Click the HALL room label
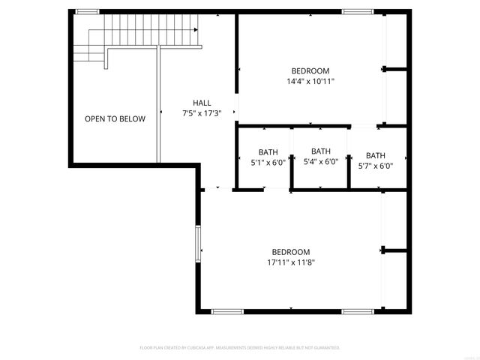tap(202, 103)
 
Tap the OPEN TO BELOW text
tap(115, 118)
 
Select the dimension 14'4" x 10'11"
tap(310, 81)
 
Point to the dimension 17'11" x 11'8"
tap(290, 262)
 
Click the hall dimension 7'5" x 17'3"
tap(202, 113)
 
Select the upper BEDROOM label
tap(310, 70)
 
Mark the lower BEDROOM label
tap(290, 252)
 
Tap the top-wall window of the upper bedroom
tap(358, 12)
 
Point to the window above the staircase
tap(87, 12)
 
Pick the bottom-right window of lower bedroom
tap(358, 310)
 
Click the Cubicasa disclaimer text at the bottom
tap(240, 348)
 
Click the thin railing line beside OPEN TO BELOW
tap(158, 105)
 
